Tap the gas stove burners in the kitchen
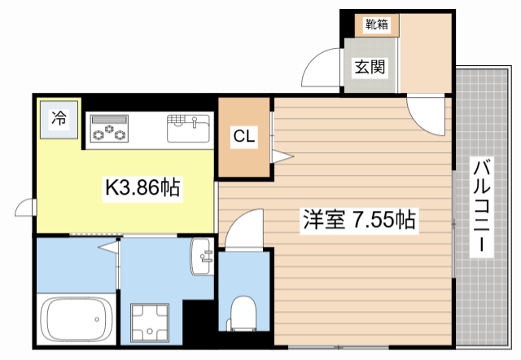(109, 129)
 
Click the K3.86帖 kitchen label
(142, 189)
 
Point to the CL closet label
(244, 137)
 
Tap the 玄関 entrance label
(369, 67)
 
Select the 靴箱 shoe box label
(376, 24)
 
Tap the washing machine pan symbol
(151, 320)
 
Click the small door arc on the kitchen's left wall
(25, 209)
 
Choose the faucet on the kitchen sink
(195, 122)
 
